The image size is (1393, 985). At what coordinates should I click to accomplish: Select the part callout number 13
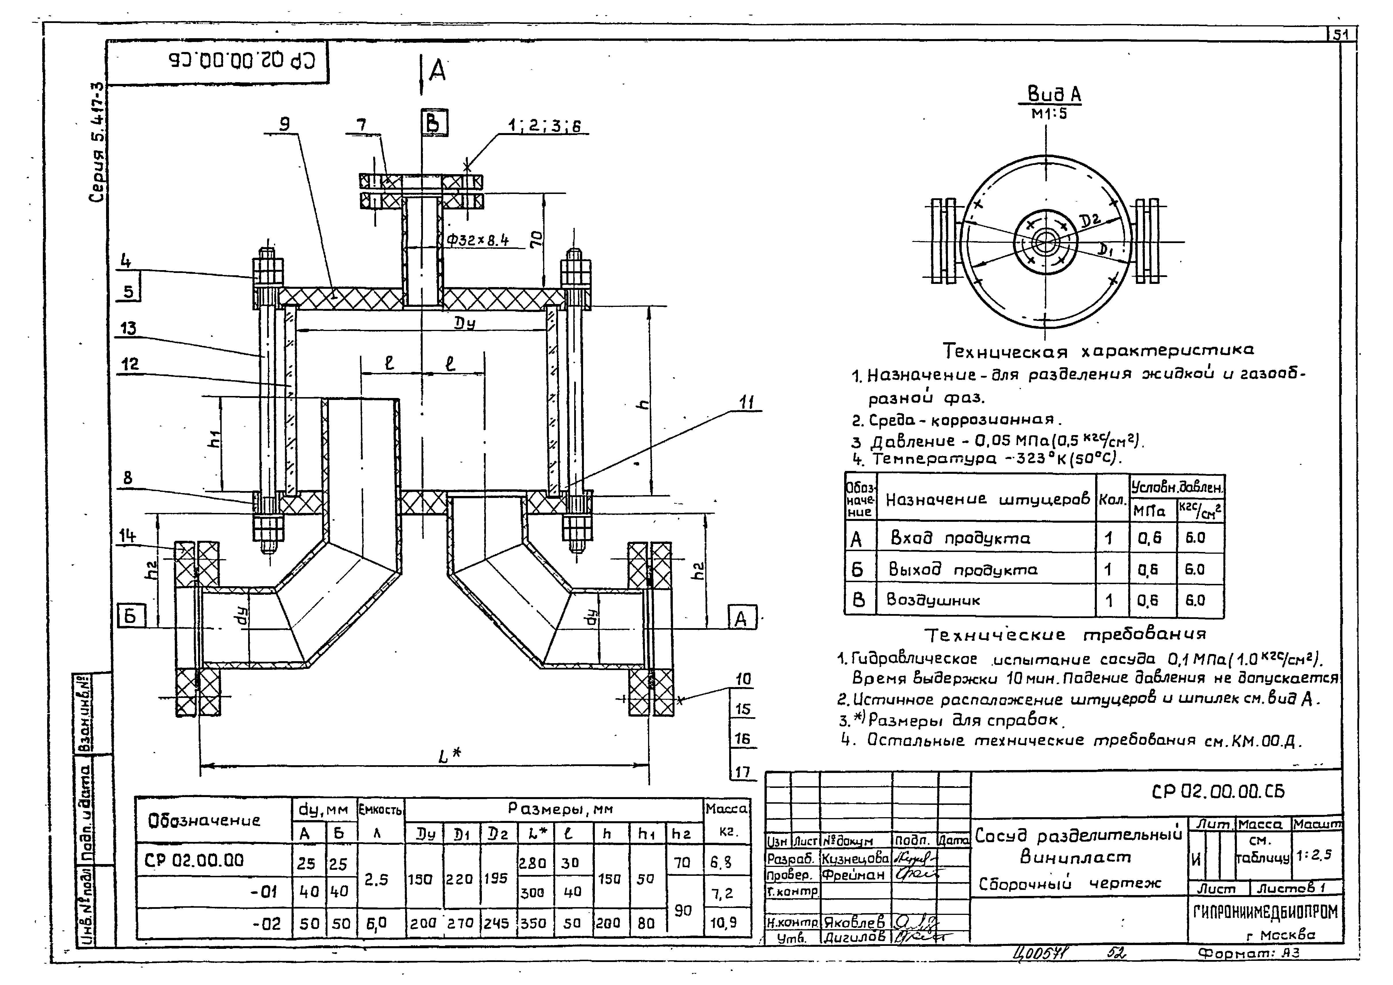[x=128, y=329]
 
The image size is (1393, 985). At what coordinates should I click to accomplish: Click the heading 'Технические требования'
[x=1065, y=634]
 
